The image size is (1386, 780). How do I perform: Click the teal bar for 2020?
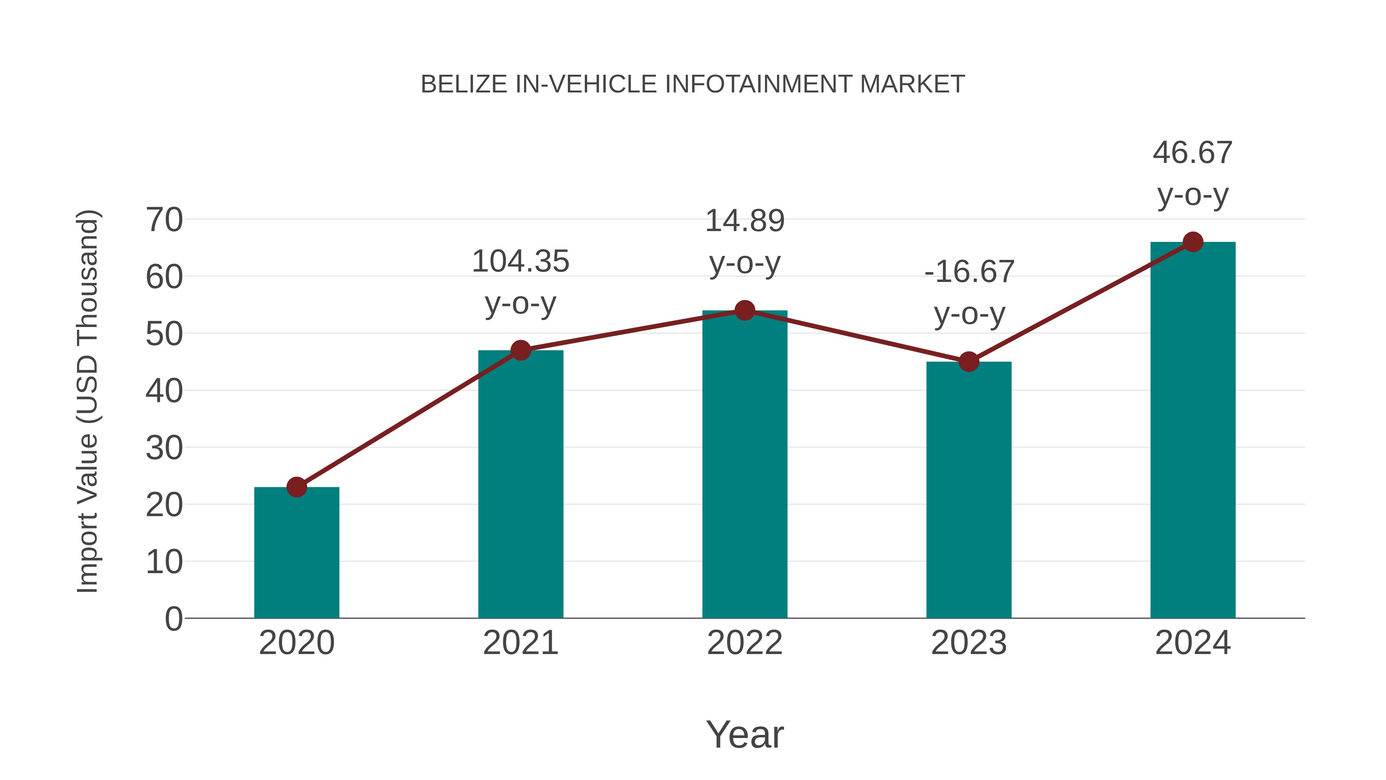[296, 554]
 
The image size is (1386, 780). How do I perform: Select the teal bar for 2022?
[745, 468]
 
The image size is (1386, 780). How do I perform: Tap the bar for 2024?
[1193, 431]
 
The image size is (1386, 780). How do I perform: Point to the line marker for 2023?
[969, 362]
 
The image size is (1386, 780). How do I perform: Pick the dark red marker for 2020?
[296, 487]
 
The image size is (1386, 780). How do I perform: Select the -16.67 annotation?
[969, 272]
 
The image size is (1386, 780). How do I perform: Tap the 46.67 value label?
[1192, 153]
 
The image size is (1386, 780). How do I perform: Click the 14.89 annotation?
[745, 221]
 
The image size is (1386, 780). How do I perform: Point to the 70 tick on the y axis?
[164, 220]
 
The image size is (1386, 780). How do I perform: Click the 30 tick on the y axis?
[164, 448]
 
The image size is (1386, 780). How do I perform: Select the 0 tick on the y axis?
[174, 619]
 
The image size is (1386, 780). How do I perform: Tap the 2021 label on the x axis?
[520, 643]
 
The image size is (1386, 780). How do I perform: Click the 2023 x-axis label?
[969, 643]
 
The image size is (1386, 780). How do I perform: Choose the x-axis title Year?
[745, 735]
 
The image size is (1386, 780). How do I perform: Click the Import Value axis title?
[87, 401]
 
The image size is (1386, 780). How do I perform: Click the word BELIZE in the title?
[463, 84]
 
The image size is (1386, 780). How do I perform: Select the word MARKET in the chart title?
[912, 84]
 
